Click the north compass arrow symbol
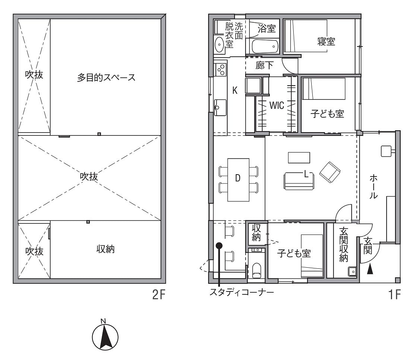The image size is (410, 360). pos(105,337)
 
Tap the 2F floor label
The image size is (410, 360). pos(159,295)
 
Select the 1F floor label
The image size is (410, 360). pos(394,295)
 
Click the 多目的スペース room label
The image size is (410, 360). pos(106,77)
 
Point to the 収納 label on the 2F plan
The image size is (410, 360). pos(105,249)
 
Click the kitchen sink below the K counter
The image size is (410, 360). pos(220,107)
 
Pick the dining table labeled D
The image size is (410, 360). pos(238,180)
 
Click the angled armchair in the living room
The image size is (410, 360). pos(330,172)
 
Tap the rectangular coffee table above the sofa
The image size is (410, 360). pos(299,157)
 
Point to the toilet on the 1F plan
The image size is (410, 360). pos(256,270)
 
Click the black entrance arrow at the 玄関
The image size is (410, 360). pos(370,269)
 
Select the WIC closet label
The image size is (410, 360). pos(277,105)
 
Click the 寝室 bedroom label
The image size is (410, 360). pos(326,42)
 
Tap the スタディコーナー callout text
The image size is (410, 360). pos(242,292)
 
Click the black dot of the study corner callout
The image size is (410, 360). pos(219,245)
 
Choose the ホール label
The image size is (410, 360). pos(373,187)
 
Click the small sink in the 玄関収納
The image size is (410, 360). pos(352,271)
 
